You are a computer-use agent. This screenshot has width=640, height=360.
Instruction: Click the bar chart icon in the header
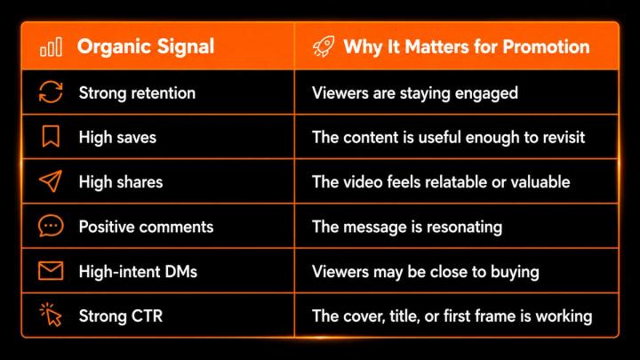[x=51, y=46]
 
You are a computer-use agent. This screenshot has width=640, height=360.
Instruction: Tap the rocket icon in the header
[x=324, y=46]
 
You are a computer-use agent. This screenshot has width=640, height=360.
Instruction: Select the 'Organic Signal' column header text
[x=146, y=46]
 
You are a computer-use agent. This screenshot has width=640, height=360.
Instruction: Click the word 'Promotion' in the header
[x=546, y=46]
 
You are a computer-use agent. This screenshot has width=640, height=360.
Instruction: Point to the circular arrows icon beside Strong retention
[x=51, y=92]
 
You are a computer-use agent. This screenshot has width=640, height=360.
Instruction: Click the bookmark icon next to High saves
[x=51, y=136]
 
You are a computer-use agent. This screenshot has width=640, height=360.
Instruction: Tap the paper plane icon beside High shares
[x=51, y=180]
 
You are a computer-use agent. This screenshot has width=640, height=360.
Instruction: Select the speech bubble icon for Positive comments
[x=51, y=226]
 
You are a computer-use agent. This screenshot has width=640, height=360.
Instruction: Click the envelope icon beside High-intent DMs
[x=51, y=270]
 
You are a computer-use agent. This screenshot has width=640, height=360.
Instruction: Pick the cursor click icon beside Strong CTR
[x=51, y=315]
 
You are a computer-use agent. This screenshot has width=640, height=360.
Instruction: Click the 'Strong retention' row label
[x=137, y=93]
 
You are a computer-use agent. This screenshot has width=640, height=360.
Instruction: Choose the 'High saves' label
[x=117, y=138]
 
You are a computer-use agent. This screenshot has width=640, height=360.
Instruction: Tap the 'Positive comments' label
[x=146, y=227]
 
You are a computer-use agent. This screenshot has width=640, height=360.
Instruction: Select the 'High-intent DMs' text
[x=138, y=272]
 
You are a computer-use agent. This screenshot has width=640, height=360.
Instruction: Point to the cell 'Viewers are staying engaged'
[x=415, y=93]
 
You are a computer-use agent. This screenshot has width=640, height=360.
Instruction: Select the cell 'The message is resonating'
[x=407, y=228]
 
